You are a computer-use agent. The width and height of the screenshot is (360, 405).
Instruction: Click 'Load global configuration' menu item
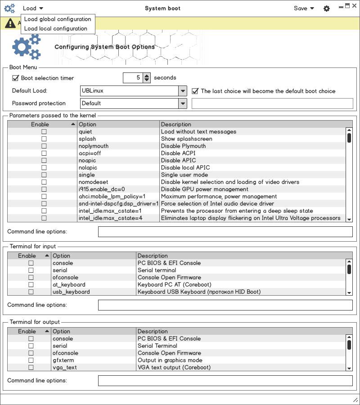58,19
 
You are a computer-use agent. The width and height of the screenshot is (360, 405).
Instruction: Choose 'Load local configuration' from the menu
56,28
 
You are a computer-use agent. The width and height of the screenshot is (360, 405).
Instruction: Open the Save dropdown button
304,8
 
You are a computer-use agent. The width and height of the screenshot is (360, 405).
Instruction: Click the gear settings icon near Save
327,9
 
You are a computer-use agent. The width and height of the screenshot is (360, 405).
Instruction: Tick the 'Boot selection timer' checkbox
15,78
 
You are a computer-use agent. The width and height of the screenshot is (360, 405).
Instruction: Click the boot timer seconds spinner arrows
147,78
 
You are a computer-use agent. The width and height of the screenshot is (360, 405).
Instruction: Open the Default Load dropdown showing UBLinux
182,91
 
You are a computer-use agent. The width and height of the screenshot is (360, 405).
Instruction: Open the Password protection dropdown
182,103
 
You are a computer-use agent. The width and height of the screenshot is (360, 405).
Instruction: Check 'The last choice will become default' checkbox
195,91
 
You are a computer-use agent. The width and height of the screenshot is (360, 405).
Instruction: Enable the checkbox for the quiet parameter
44,132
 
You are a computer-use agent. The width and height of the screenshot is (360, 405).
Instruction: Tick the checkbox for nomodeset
44,182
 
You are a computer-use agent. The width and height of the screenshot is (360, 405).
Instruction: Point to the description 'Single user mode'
184,175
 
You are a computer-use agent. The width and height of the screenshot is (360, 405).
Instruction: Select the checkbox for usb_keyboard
31,292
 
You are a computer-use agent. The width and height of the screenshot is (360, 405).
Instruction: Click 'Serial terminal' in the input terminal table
157,270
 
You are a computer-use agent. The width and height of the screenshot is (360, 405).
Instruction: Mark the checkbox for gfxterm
31,360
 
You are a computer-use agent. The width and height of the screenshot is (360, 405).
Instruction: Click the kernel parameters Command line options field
225,232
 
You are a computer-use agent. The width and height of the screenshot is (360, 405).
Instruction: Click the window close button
354,5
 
